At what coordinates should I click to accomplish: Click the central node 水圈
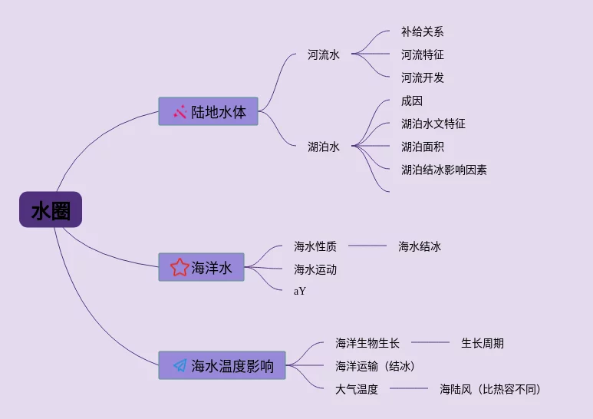pos(51,209)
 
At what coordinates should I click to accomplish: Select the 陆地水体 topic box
pos(208,111)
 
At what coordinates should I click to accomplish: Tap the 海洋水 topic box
pos(201,267)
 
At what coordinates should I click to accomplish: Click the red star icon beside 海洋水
pos(180,267)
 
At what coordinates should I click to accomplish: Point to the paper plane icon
pos(180,365)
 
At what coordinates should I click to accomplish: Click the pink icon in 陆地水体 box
pos(180,111)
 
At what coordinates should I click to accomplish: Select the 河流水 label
pos(323,54)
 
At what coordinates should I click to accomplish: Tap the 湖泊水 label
pos(323,147)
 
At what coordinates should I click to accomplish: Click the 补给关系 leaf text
pos(422,31)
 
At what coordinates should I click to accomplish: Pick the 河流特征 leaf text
pos(422,54)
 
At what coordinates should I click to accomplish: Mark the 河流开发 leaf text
pos(422,78)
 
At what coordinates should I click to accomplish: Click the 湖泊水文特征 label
pos(433,124)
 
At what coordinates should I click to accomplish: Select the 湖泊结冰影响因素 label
pos(443,170)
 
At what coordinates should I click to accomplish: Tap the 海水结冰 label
pos(419,246)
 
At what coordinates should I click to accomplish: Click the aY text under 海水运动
pos(300,291)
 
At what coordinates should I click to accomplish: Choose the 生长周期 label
pos(482,343)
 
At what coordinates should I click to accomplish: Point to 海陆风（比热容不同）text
pos(490,389)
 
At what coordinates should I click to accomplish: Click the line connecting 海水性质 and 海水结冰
pos(367,246)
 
